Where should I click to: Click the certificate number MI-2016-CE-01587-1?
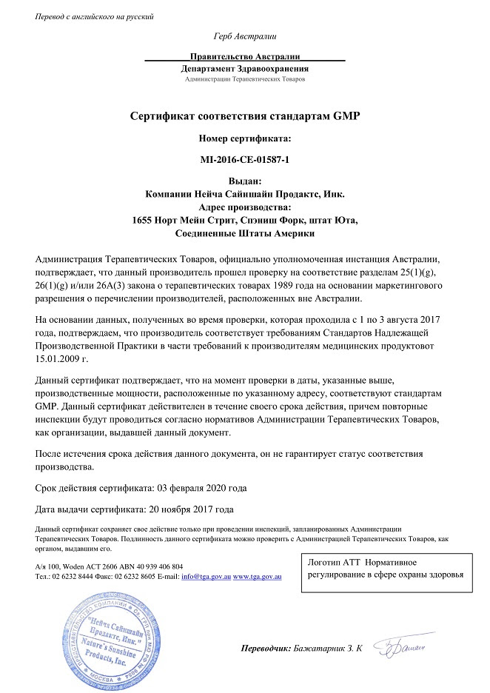244,159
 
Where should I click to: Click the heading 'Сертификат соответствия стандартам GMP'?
244,116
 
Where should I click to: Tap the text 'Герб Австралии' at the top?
244,36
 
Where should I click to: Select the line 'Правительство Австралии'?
244,56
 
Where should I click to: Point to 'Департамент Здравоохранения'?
244,67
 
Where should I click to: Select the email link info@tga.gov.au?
206,575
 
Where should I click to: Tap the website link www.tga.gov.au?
259,575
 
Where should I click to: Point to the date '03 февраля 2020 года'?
201,489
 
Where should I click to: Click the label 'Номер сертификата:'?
244,138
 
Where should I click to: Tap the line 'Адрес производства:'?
244,207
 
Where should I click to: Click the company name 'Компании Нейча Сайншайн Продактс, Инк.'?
244,194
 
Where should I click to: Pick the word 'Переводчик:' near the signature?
266,649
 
